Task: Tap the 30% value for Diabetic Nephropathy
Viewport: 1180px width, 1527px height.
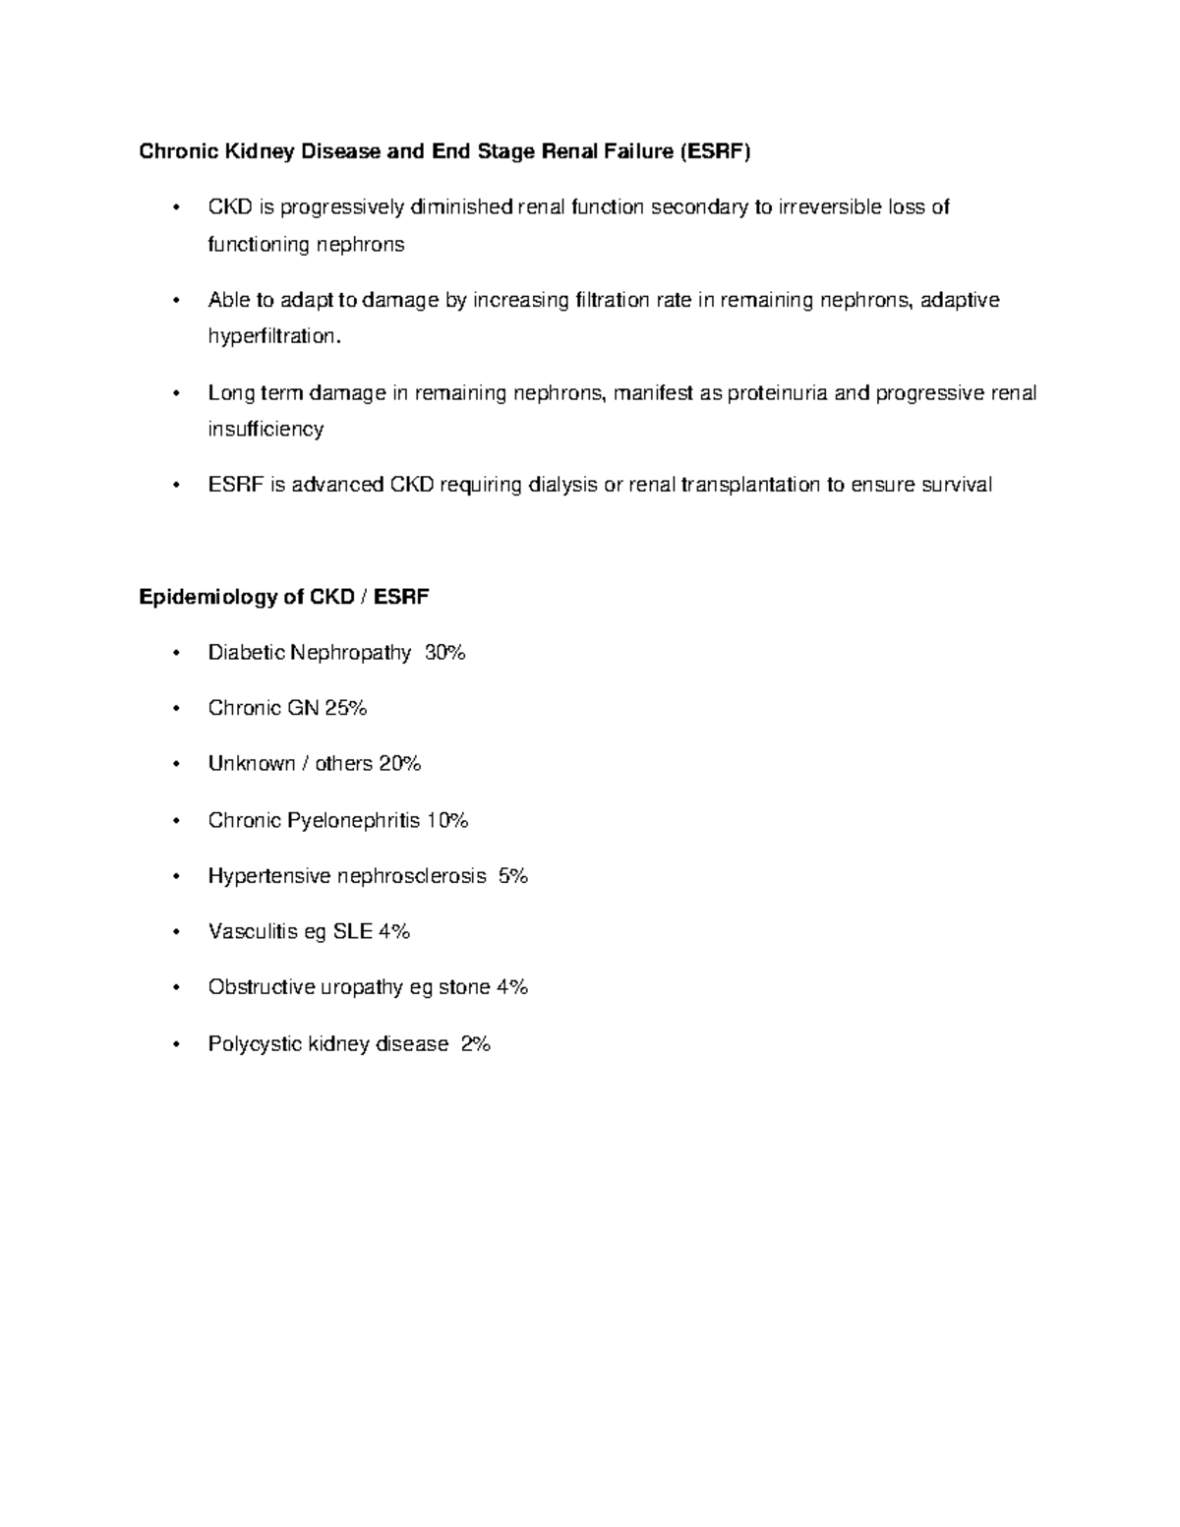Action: click(x=444, y=652)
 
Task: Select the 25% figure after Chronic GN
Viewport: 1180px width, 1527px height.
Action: click(x=345, y=708)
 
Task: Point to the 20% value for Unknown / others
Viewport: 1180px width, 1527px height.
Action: click(x=399, y=764)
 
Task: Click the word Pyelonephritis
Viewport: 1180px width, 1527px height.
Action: click(x=353, y=820)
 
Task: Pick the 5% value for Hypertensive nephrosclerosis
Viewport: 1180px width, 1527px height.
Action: click(x=513, y=875)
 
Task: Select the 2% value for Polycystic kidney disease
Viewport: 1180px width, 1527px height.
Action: click(x=475, y=1043)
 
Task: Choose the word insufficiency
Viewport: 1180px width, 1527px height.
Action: click(x=265, y=430)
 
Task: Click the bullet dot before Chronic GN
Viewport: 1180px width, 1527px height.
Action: click(x=176, y=709)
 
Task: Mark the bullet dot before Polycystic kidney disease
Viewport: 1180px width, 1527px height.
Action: click(x=176, y=1044)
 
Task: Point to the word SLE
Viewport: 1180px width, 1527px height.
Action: click(x=352, y=931)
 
